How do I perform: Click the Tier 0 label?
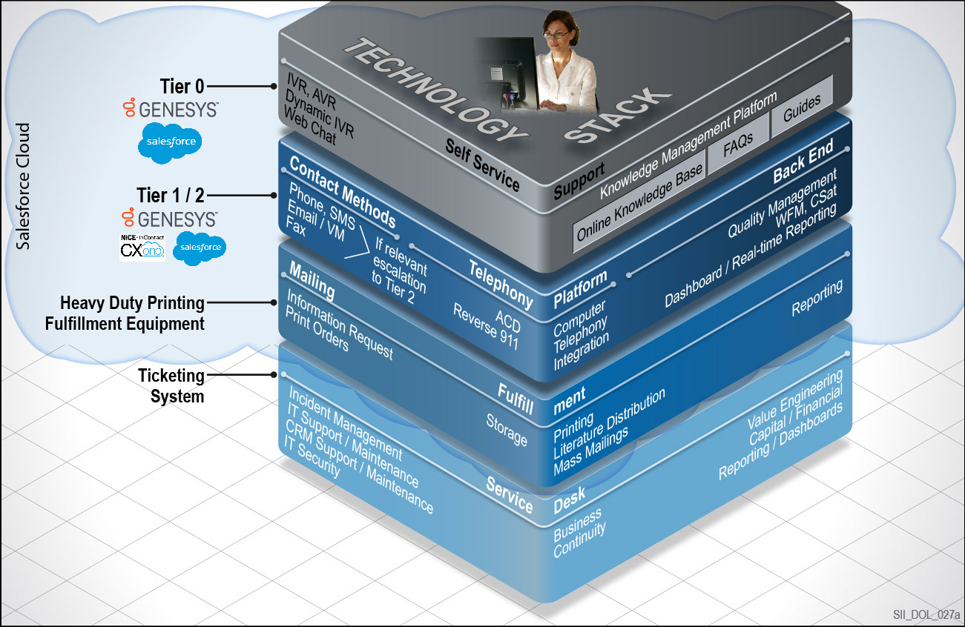pyautogui.click(x=182, y=87)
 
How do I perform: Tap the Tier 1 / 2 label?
pyautogui.click(x=170, y=196)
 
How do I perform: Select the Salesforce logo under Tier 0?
pyautogui.click(x=170, y=144)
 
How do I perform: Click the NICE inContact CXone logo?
pyautogui.click(x=142, y=248)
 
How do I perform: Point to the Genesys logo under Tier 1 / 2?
pyautogui.click(x=169, y=219)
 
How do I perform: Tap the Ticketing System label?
pyautogui.click(x=171, y=385)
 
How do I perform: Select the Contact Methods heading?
pyautogui.click(x=342, y=192)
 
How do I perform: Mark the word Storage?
pyautogui.click(x=507, y=430)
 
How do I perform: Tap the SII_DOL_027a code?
pyautogui.click(x=926, y=614)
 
